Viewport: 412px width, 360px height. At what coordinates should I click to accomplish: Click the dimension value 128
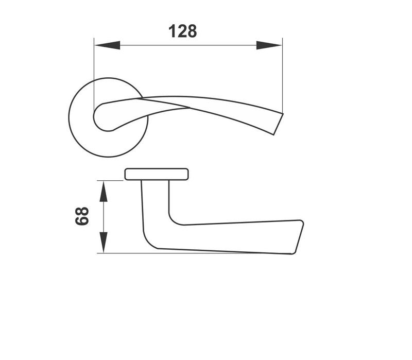183,31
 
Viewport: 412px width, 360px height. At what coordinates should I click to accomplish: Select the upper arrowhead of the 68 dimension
104,192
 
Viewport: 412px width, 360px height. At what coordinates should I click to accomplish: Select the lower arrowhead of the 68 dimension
104,242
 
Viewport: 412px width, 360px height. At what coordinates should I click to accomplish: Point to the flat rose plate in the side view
157,174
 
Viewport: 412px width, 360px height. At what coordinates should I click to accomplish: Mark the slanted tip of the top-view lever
278,123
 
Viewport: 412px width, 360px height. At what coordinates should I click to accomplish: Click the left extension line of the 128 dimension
94,72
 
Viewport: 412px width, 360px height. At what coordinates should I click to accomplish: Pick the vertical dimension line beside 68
104,216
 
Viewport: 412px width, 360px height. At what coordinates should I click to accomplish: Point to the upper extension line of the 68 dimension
111,181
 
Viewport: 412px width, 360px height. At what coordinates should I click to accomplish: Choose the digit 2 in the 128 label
183,31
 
